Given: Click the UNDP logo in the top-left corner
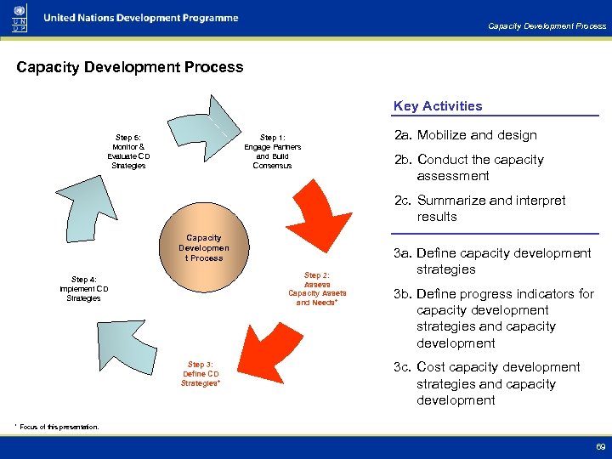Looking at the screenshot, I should point(19,18).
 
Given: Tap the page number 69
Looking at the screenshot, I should point(600,445).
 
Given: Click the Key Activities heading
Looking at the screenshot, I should point(437,106).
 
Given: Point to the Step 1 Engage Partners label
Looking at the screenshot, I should point(272,151).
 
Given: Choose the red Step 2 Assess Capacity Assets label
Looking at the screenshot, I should point(317,289).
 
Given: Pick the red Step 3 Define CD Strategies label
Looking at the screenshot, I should point(201,374).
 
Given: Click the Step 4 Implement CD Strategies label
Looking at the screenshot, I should point(83,289).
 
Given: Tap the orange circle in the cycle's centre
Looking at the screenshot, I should point(203,247).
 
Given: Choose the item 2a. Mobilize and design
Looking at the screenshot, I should point(464,135).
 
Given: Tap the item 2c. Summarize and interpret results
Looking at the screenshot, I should point(479,208).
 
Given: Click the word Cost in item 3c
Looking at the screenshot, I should point(433,367).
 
